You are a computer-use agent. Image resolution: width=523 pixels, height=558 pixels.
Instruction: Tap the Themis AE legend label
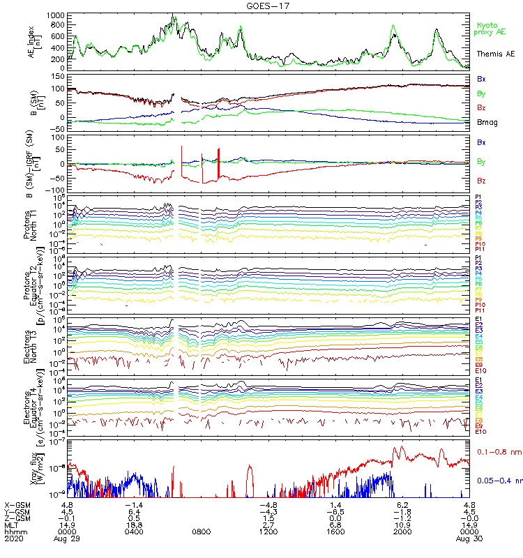point(496,54)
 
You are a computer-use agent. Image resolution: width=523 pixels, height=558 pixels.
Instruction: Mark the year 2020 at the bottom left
point(13,539)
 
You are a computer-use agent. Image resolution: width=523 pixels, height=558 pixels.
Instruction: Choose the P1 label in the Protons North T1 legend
point(478,197)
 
